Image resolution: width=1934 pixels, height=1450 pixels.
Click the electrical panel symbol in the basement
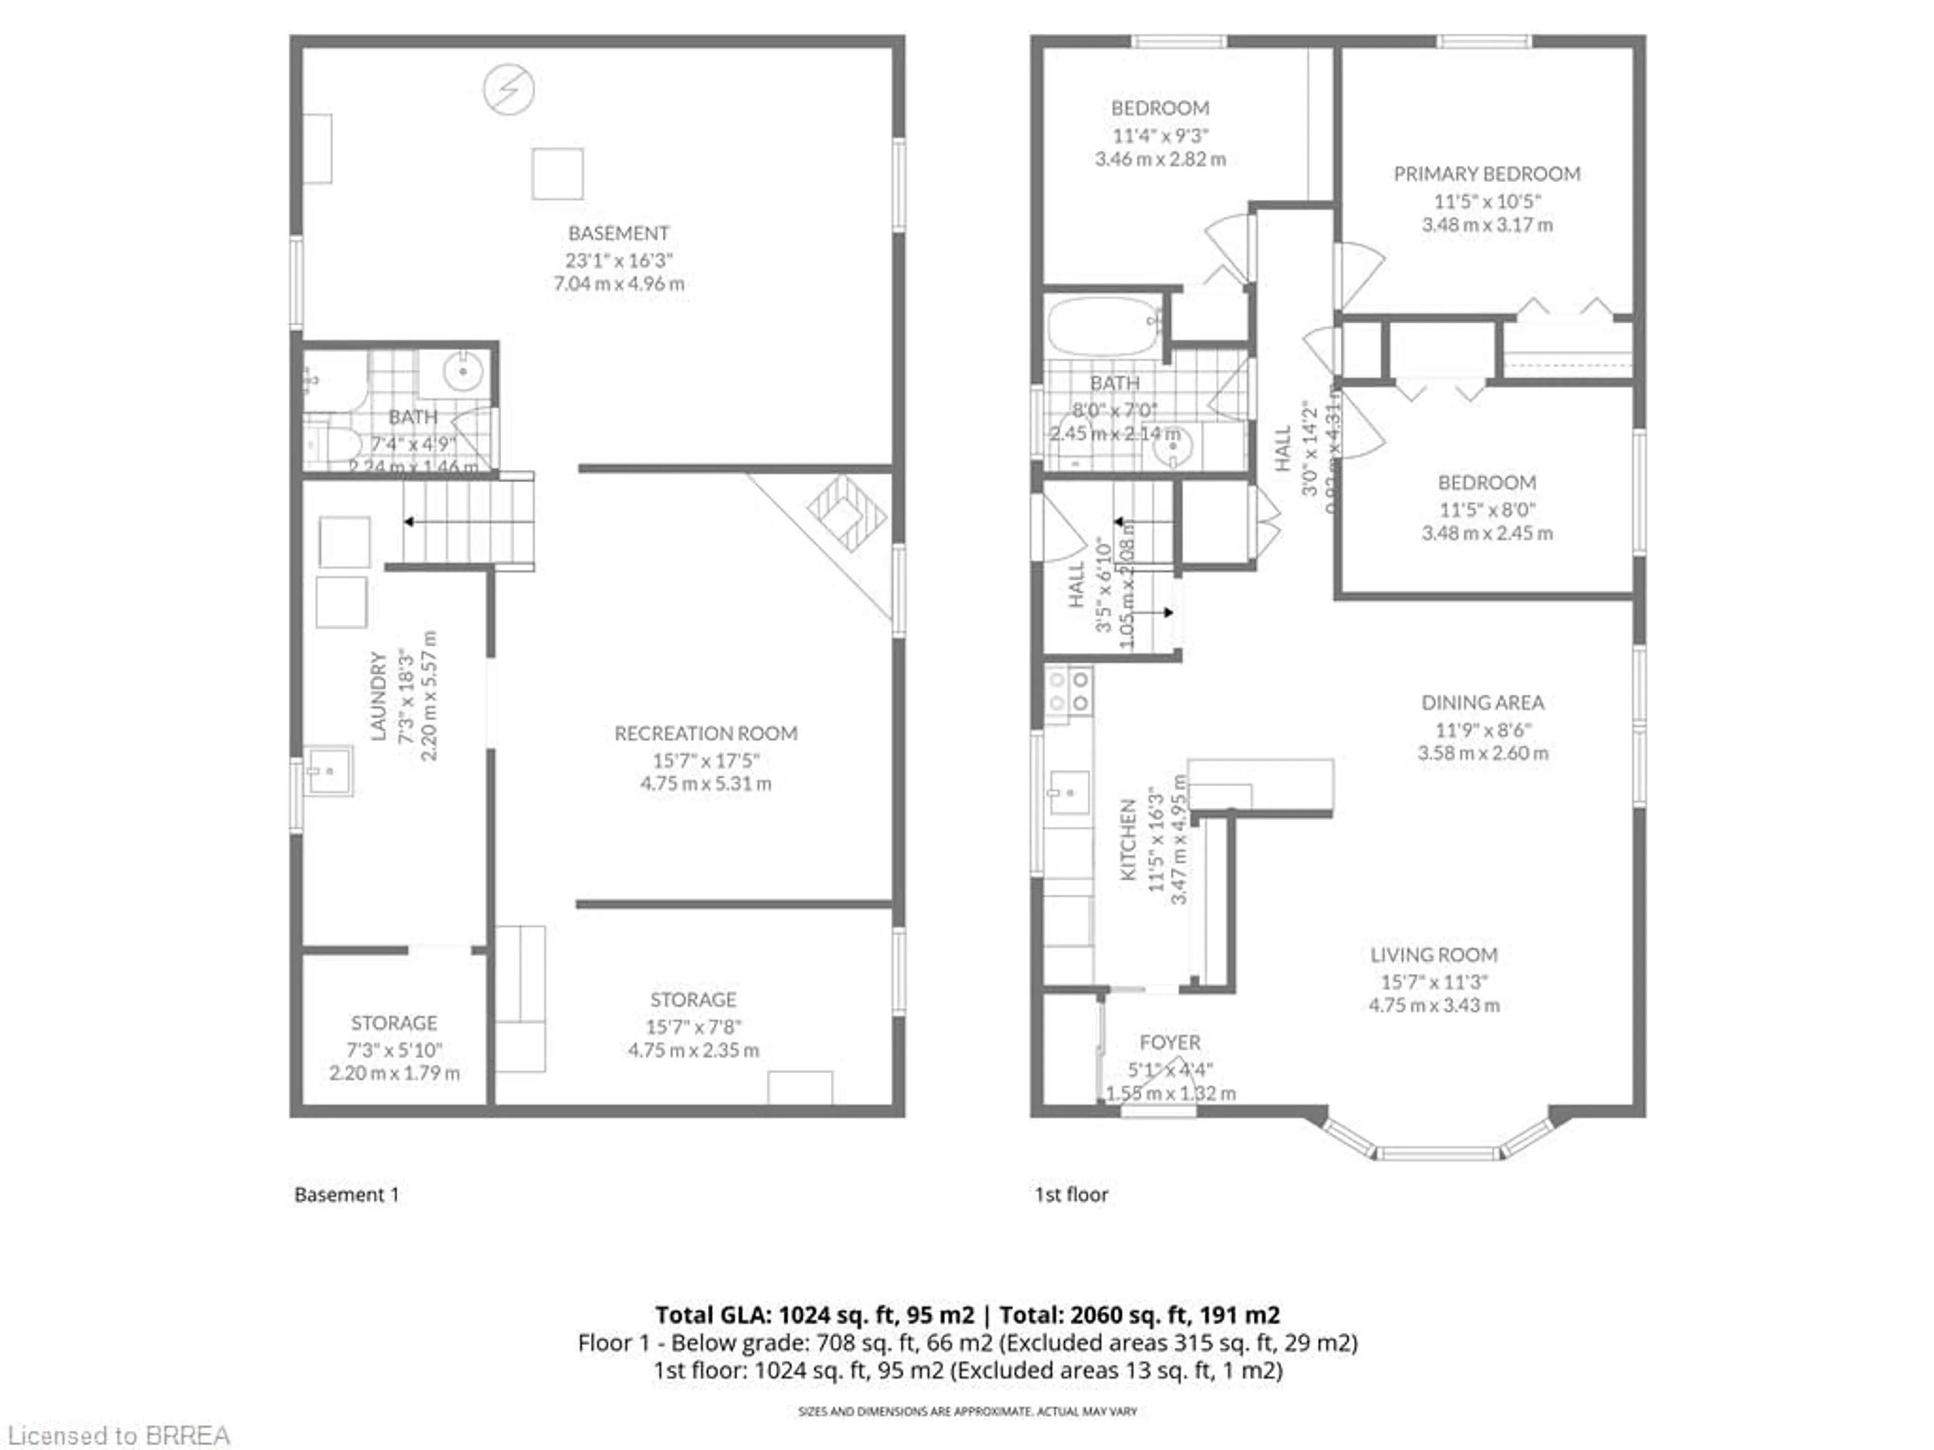pos(509,89)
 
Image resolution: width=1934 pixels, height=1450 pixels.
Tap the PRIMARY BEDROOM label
pos(1486,174)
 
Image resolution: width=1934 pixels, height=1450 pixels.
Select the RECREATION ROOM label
pos(706,733)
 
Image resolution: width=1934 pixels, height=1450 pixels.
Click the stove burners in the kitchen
pos(1068,690)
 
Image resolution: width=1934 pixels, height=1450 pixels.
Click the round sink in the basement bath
pos(462,373)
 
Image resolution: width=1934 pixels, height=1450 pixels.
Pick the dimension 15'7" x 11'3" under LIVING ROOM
pos(1434,982)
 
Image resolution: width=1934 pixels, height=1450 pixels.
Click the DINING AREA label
pos(1482,703)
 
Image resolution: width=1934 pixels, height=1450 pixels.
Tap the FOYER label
pos(1170,1043)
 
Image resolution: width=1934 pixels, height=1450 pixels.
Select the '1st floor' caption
pos(1071,1195)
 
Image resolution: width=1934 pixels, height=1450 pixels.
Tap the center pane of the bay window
pos(1438,1154)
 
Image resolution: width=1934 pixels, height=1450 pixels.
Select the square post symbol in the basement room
pos(557,174)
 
